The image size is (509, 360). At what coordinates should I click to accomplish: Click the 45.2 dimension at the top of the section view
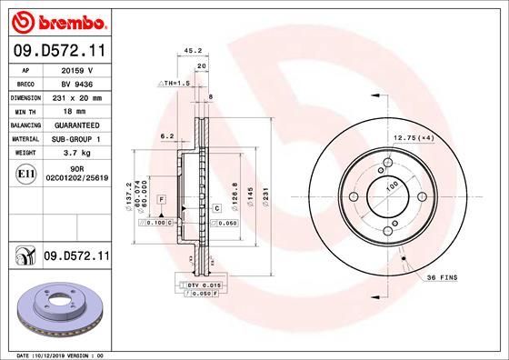193,52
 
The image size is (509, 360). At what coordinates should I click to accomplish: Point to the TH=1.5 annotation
175,83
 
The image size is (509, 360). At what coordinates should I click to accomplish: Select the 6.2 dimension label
166,136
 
